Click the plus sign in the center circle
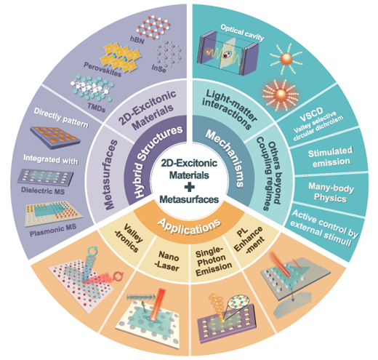pos(189,187)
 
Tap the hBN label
pos(137,40)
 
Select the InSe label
pos(159,68)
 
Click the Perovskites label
pos(102,69)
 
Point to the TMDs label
pos(97,108)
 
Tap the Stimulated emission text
pos(331,156)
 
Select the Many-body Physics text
pos(331,193)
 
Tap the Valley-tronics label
pos(129,238)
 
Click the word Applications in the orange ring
pos(189,226)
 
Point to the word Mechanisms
pos(225,158)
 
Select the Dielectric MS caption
pos(43,191)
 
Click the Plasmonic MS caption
pos(53,230)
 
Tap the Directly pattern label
pos(61,118)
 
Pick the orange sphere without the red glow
pos(286,59)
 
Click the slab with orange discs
pos(55,137)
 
